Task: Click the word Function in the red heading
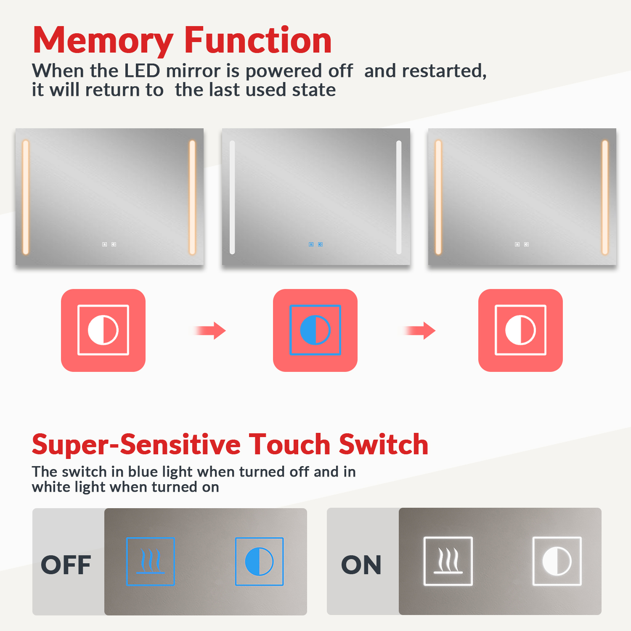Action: [258, 40]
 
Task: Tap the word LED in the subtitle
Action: [142, 71]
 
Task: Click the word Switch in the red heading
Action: [384, 444]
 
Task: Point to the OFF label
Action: [66, 565]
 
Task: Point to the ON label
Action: [361, 565]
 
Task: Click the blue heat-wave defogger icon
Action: [151, 562]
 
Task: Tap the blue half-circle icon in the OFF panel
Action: [259, 562]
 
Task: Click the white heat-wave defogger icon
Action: [448, 561]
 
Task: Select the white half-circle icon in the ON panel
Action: [557, 561]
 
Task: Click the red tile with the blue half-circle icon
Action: [315, 330]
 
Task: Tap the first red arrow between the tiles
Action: [210, 331]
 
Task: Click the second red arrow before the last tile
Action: [419, 331]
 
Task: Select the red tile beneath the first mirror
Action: [103, 330]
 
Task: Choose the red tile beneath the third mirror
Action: [520, 330]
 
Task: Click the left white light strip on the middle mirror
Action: [232, 197]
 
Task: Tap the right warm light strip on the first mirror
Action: [192, 197]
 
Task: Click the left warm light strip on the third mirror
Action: [438, 197]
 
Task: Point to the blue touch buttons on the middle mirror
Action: [316, 244]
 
